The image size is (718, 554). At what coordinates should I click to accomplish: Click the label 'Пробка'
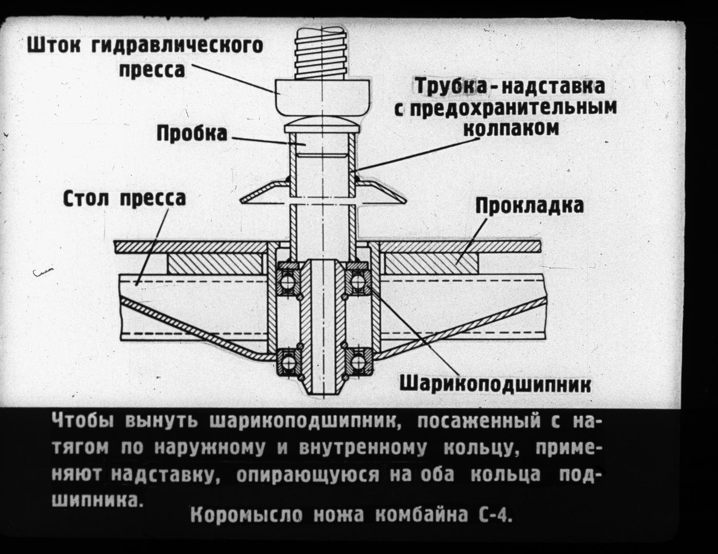[192, 133]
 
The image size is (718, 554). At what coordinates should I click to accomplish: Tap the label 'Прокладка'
[529, 205]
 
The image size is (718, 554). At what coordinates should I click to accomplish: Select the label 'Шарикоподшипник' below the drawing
[495, 384]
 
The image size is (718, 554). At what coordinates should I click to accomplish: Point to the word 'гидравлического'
[177, 46]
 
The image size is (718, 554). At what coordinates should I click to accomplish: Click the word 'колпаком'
[511, 128]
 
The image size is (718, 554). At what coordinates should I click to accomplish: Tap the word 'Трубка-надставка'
[509, 86]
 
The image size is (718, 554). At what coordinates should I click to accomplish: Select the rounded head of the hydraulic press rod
[322, 97]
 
